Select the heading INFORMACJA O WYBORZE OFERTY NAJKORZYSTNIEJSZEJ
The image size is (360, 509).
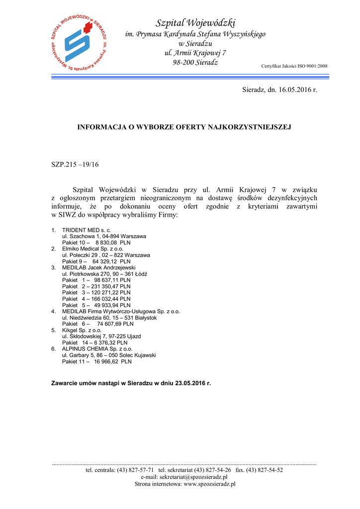[x=183, y=127]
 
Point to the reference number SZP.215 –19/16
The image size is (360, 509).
[x=75, y=165]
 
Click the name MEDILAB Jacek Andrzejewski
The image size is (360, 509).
[x=98, y=267]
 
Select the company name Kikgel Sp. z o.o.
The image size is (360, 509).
[x=82, y=330]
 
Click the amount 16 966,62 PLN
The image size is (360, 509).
[x=112, y=361]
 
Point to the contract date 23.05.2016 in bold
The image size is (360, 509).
[x=190, y=384]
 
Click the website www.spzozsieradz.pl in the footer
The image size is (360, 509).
[x=209, y=484]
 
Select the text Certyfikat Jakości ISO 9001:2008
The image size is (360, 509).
[x=294, y=66]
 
